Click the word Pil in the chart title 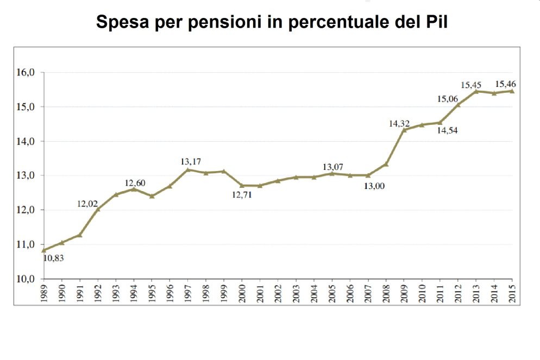point(433,23)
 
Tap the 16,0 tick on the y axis point(27,73)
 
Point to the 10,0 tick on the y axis point(27,279)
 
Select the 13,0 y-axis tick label point(27,176)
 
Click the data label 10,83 point(53,258)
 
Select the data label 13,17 point(191,161)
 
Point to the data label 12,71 point(243,194)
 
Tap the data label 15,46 point(505,84)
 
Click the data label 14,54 point(447,130)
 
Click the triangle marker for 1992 point(98,209)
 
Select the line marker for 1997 point(188,169)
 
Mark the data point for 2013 point(476,91)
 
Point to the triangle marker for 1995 point(152,195)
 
